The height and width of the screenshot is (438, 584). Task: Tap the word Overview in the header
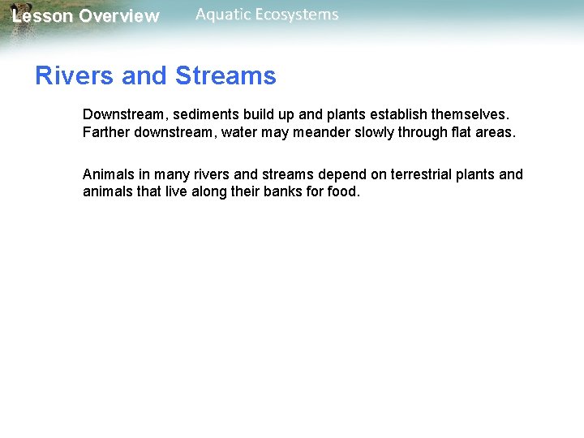pyautogui.click(x=119, y=16)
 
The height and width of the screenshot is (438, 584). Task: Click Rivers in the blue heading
pyautogui.click(x=75, y=76)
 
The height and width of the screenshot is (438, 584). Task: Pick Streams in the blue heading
pyautogui.click(x=225, y=76)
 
